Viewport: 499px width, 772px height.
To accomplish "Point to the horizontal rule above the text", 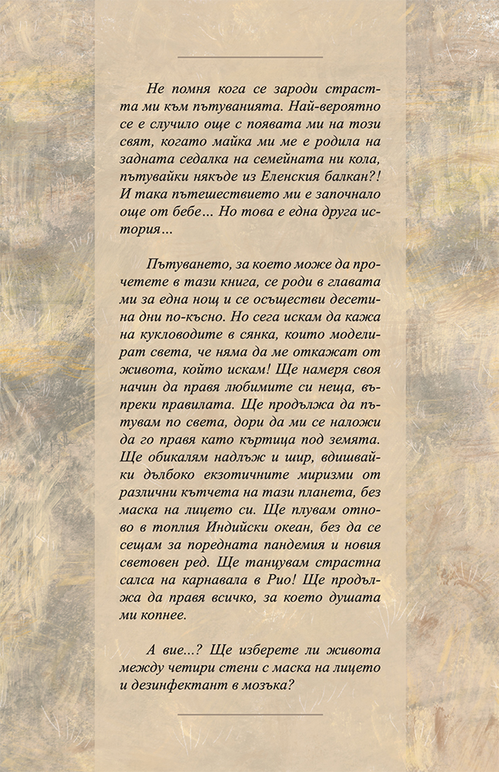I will tap(249, 57).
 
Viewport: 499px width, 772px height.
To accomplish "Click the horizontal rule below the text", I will tap(249, 714).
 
